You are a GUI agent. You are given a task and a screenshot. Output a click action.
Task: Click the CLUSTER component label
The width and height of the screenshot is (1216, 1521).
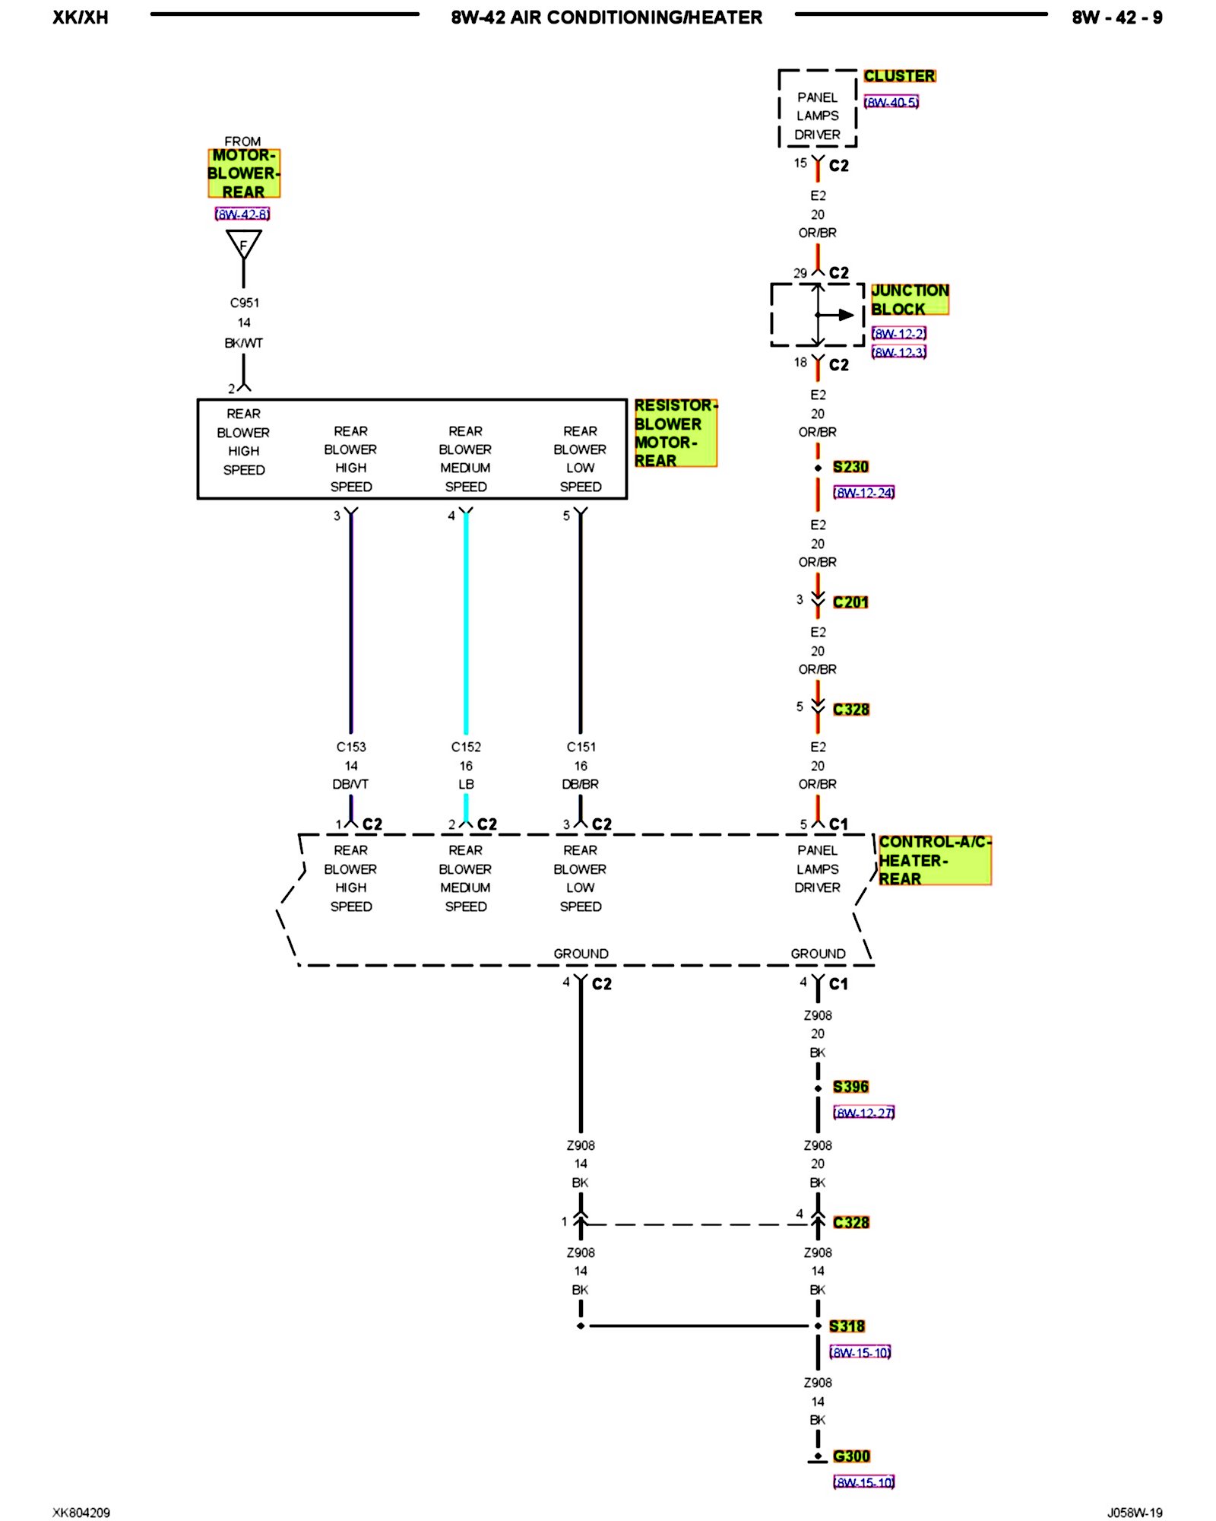tap(899, 76)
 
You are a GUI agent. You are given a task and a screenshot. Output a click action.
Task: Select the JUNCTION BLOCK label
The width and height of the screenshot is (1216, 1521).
tap(909, 300)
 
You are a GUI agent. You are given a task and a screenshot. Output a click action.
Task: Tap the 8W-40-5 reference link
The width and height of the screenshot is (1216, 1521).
tap(891, 102)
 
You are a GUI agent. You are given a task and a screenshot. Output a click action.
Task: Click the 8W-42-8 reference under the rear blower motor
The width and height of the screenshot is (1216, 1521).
tap(242, 214)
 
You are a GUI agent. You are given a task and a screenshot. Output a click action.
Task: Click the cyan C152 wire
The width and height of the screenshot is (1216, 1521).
tap(466, 624)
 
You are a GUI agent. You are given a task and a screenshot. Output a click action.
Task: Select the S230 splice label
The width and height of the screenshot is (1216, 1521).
tap(850, 467)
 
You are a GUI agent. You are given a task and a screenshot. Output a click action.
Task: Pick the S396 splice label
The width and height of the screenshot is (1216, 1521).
tap(850, 1087)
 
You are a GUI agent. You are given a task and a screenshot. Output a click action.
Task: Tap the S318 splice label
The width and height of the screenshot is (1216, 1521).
tap(847, 1326)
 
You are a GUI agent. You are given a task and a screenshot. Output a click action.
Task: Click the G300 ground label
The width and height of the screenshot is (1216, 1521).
tap(851, 1456)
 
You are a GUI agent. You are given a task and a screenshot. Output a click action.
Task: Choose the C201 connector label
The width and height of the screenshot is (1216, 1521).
tap(850, 602)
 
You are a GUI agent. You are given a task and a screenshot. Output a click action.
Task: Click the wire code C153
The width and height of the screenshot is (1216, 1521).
tap(351, 747)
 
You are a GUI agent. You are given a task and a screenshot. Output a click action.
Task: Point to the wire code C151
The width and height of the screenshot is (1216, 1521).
tap(581, 747)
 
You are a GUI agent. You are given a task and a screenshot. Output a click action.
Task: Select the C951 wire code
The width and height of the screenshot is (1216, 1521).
tap(244, 303)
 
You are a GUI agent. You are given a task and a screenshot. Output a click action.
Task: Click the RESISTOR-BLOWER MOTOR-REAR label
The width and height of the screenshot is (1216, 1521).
tap(675, 433)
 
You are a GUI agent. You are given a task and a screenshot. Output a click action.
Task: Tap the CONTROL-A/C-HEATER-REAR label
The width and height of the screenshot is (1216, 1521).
tap(934, 860)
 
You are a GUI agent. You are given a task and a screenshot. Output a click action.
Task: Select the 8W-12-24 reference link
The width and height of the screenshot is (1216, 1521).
tap(863, 493)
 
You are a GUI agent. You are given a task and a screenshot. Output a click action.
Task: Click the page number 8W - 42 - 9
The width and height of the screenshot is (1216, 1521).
tap(1116, 17)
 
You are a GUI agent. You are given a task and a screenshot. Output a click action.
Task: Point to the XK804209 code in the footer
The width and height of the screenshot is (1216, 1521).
tap(81, 1513)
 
